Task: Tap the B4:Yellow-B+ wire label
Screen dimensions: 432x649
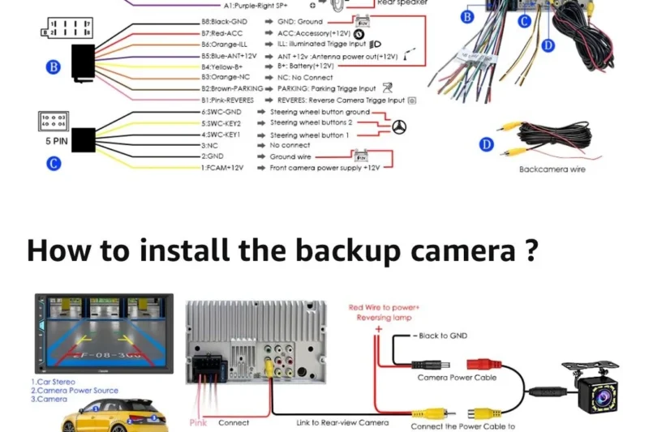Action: [221, 66]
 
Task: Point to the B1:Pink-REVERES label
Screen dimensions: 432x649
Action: [227, 100]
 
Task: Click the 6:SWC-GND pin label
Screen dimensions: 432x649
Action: [222, 112]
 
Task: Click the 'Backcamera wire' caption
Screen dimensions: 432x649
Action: [552, 169]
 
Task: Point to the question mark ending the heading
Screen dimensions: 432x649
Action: [531, 250]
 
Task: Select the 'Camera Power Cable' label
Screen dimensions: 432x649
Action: [457, 377]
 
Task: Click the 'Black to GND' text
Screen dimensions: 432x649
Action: [444, 336]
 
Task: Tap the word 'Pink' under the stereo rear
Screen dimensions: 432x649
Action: [198, 422]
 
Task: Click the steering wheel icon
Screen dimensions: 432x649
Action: [398, 127]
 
